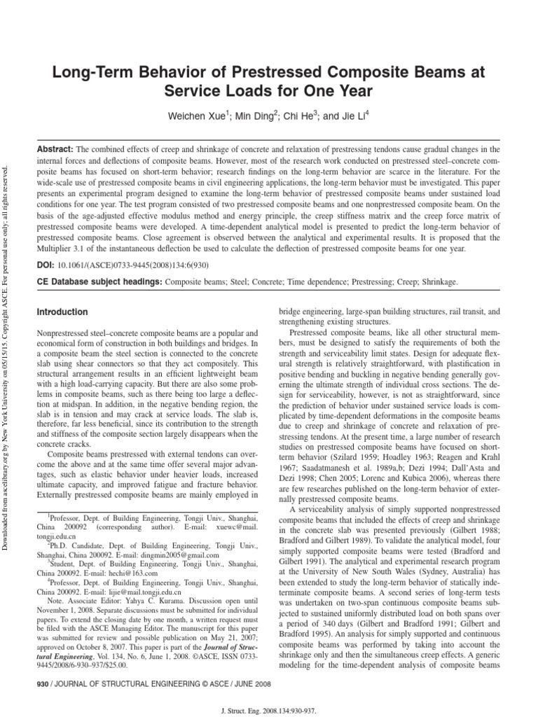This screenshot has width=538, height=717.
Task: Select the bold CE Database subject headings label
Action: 98,281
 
